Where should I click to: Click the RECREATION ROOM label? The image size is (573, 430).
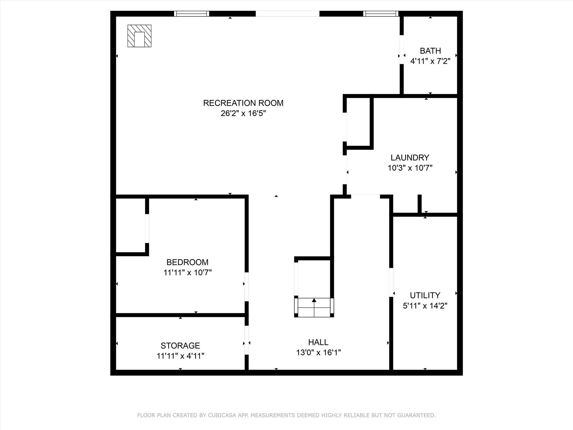(243, 103)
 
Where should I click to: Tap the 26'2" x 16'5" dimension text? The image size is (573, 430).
(243, 113)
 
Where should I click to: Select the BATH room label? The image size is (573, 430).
(430, 51)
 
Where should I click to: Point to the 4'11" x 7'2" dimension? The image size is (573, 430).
(430, 61)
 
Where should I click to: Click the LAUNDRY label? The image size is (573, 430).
(410, 158)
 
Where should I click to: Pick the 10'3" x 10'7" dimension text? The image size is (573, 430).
(410, 168)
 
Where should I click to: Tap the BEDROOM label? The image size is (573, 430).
(187, 262)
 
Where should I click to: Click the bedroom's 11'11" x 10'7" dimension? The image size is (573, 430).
(187, 272)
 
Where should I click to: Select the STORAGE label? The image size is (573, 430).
(180, 345)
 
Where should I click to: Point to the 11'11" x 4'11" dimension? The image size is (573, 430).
(180, 356)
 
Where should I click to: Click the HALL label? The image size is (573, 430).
(318, 342)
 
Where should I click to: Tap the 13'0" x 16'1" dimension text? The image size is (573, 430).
(318, 352)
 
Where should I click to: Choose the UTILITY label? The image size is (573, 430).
(425, 295)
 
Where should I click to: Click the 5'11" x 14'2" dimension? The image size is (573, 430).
(425, 306)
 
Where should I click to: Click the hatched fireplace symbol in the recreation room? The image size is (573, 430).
(139, 36)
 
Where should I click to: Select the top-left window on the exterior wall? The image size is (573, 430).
(192, 14)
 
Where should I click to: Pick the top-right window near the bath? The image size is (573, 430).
(381, 14)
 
